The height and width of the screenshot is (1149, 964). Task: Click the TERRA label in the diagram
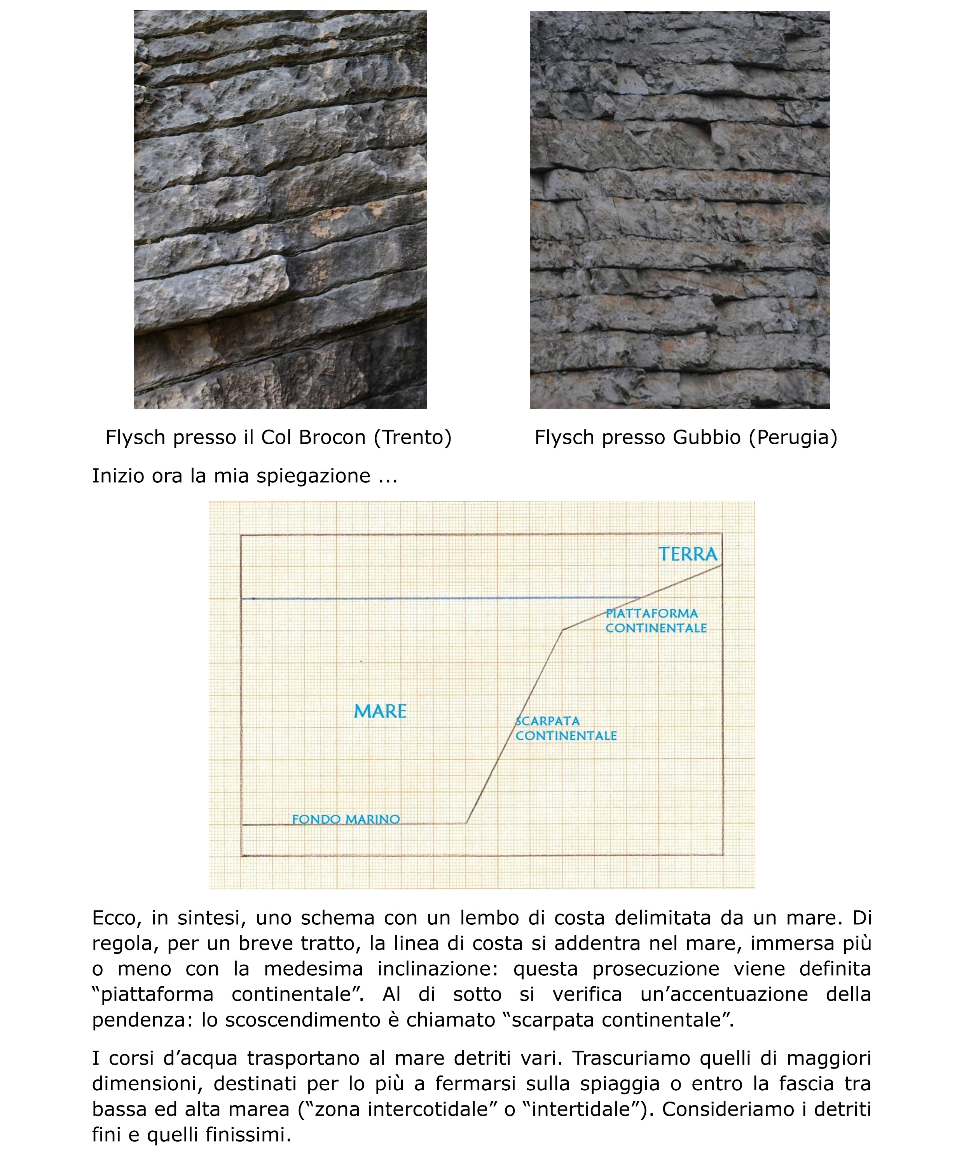tap(687, 554)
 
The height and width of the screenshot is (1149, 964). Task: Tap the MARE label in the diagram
tap(380, 711)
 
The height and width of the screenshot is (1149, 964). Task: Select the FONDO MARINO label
tap(346, 819)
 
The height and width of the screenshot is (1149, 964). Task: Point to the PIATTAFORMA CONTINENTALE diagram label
tap(655, 620)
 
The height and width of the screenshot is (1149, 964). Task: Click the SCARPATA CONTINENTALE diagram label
tap(566, 728)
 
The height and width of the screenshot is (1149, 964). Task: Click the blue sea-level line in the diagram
tap(438, 599)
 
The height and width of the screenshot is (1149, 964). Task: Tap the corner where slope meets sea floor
tap(466, 823)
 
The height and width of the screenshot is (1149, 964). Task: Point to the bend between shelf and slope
tap(562, 630)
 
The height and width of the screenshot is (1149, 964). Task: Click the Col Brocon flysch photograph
tap(280, 210)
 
